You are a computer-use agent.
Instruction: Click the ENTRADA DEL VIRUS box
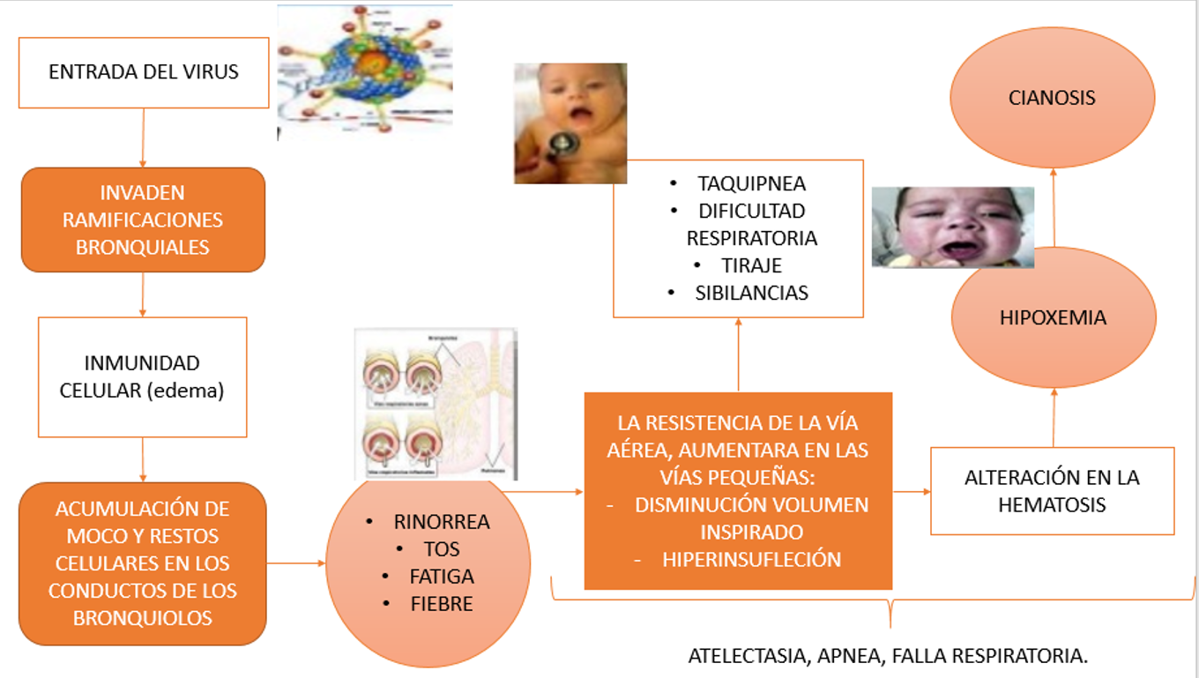(x=144, y=72)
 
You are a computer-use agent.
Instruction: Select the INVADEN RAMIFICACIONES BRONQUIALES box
(x=143, y=220)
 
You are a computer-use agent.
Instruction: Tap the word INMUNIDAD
(x=142, y=363)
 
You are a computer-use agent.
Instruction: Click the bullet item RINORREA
(x=442, y=522)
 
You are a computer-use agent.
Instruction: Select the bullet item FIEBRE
(x=442, y=604)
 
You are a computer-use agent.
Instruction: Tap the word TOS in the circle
(x=442, y=549)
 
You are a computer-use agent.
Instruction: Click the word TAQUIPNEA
(x=751, y=184)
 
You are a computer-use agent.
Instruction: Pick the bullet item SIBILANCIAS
(x=751, y=294)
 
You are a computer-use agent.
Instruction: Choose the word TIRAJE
(x=751, y=265)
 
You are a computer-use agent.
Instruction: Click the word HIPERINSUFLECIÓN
(x=751, y=560)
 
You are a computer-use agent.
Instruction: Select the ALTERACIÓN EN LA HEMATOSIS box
(x=1052, y=491)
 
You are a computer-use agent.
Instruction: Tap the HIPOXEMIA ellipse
(x=1053, y=318)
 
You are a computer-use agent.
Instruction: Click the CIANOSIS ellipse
(x=1052, y=97)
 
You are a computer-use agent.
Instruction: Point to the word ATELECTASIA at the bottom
(x=749, y=657)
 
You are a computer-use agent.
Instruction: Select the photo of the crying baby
(x=952, y=227)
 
